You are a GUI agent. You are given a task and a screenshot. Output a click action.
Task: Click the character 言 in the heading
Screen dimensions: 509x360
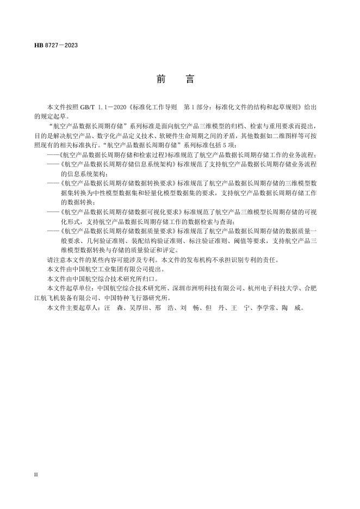click(x=190, y=79)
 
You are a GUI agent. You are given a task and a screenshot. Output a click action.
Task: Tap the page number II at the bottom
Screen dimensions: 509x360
click(x=36, y=475)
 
